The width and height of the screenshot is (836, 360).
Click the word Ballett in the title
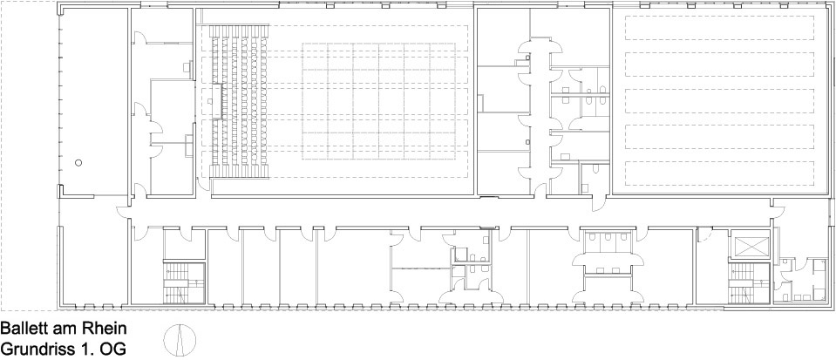tap(24, 328)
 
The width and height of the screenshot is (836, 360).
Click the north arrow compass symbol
tap(180, 339)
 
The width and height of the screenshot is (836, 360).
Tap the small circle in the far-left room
tap(78, 163)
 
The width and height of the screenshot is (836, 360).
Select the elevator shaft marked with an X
tap(751, 246)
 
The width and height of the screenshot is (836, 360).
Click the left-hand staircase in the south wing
tap(184, 283)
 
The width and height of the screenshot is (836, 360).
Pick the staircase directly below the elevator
tap(749, 283)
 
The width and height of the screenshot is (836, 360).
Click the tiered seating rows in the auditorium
tap(241, 102)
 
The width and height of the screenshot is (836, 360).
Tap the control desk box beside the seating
tap(216, 102)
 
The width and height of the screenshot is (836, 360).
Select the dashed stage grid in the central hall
tap(379, 101)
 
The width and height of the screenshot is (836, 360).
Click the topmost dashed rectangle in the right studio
tap(719, 28)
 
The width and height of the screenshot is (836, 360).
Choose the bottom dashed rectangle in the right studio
tap(719, 173)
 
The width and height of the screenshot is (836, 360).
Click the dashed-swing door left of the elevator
tap(705, 234)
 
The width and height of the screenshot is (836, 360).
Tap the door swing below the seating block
tap(204, 183)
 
